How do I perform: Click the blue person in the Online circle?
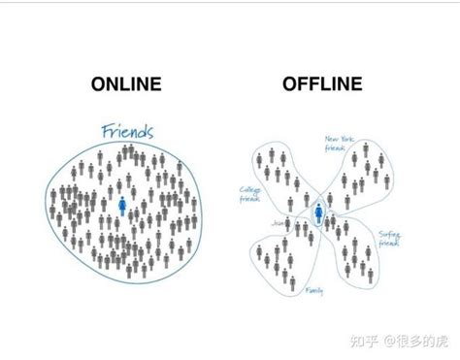[122, 207]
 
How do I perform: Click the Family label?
[312, 289]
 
